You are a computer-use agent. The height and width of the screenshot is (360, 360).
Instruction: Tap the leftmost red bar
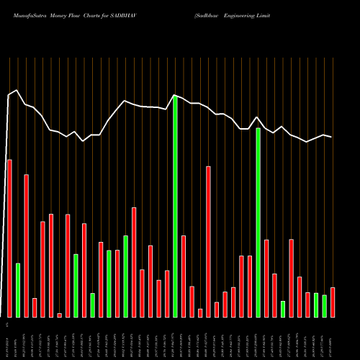[x=9, y=238]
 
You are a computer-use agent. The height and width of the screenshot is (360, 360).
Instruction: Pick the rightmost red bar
[x=333, y=302]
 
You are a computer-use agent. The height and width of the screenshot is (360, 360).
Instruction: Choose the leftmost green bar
[x=18, y=290]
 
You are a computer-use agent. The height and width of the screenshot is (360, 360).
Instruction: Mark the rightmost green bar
[x=324, y=306]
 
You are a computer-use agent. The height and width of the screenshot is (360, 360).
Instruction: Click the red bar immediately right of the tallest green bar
[x=184, y=276]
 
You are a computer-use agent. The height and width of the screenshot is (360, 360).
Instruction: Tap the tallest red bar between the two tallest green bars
[x=208, y=242]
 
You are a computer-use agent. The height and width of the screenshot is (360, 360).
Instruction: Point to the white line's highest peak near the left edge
[x=17, y=90]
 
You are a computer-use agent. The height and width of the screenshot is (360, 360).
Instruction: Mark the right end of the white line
[x=332, y=137]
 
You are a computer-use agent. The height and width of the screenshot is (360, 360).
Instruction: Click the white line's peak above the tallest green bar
[x=175, y=95]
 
